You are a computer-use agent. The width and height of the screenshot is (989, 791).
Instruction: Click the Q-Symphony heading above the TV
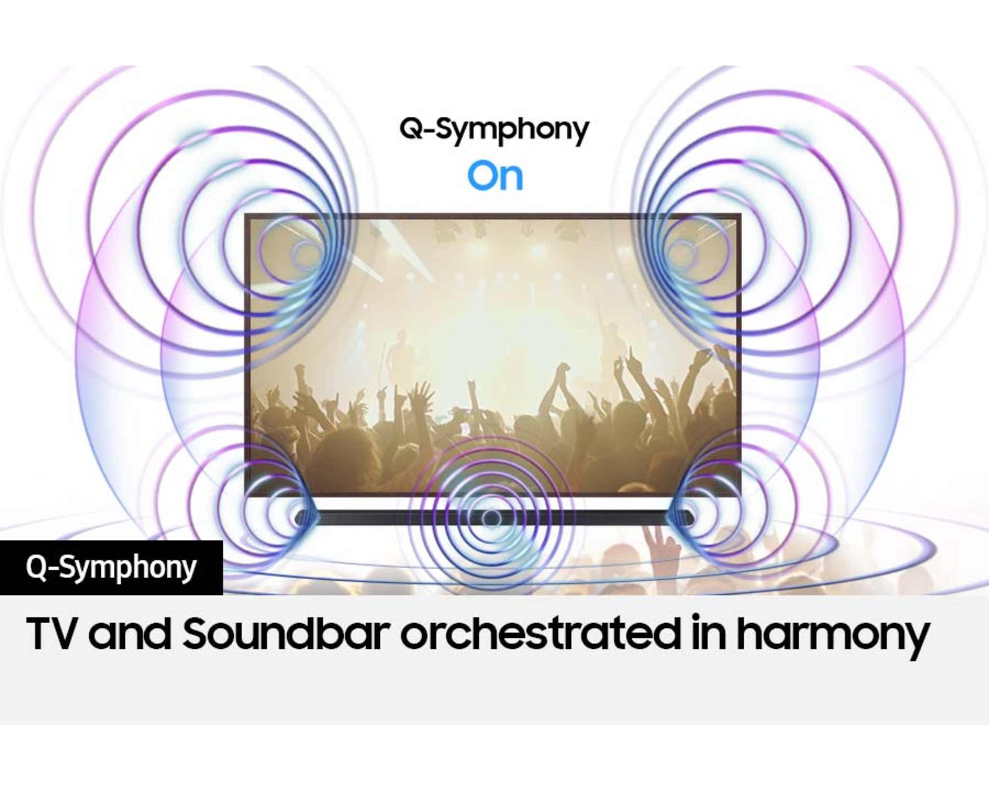pyautogui.click(x=494, y=131)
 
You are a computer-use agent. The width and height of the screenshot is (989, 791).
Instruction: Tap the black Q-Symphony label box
pyautogui.click(x=111, y=568)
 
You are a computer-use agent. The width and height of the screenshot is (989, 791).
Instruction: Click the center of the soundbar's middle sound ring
pyautogui.click(x=491, y=518)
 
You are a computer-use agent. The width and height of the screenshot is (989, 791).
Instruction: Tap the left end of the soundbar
pyautogui.click(x=297, y=518)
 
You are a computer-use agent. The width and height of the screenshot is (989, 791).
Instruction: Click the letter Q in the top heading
pyautogui.click(x=411, y=129)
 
